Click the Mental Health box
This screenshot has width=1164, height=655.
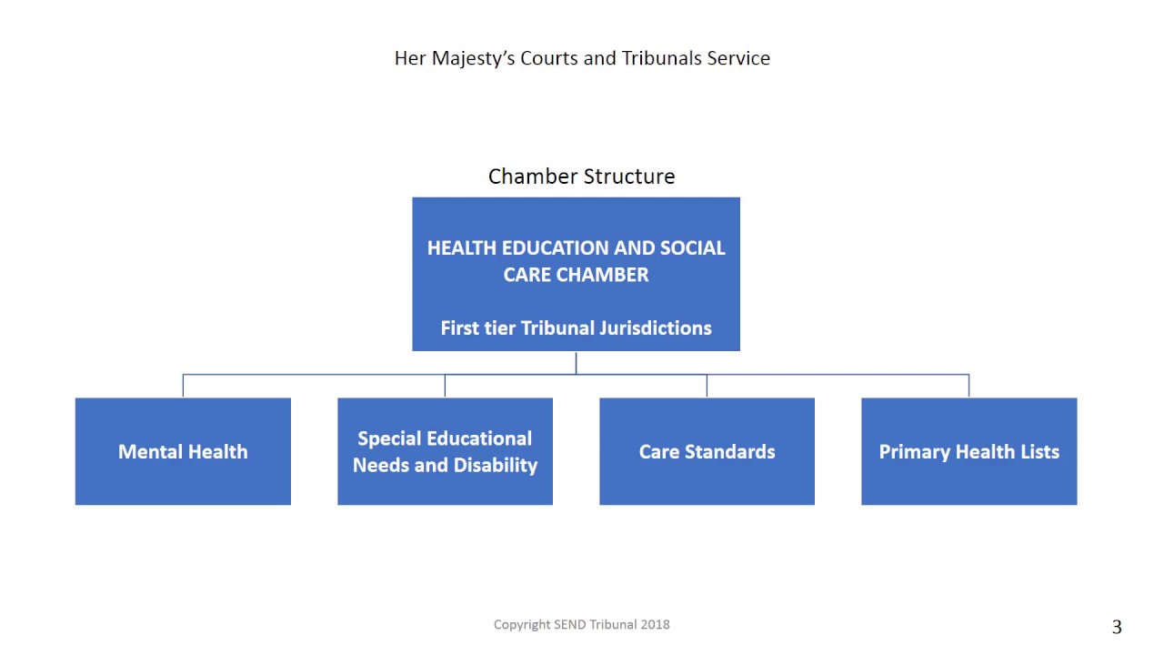183,451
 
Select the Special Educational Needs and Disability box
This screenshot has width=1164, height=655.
445,451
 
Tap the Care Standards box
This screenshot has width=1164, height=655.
707,451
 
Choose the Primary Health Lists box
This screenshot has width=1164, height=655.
968,451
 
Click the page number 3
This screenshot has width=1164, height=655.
1117,627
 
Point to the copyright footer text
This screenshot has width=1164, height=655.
581,624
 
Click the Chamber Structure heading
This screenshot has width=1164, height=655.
581,176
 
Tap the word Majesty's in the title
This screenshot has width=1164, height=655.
472,58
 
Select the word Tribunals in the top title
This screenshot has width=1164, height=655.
661,58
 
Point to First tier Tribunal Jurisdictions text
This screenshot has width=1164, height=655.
576,327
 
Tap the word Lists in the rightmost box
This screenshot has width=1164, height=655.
1036,451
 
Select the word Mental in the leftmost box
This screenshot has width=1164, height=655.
149,451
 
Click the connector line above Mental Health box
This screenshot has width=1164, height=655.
183,386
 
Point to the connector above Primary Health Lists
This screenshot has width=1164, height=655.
968,386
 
